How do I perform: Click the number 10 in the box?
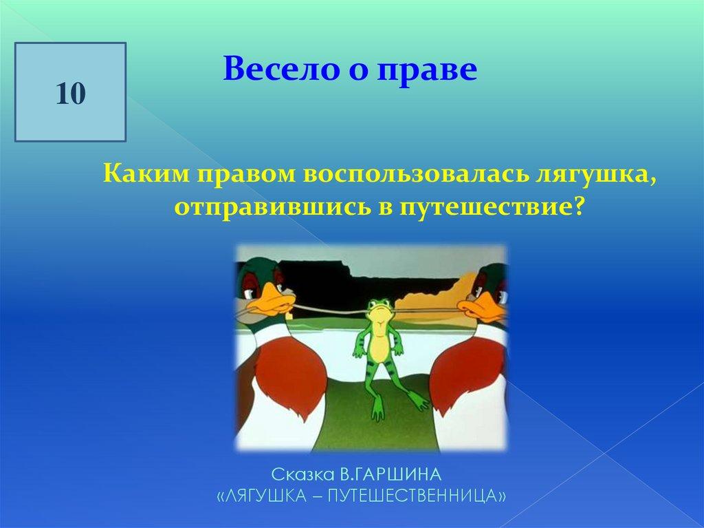pos(71,94)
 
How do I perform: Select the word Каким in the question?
pos(146,173)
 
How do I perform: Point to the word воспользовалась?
pos(415,174)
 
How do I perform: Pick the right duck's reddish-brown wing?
pos(467,373)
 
